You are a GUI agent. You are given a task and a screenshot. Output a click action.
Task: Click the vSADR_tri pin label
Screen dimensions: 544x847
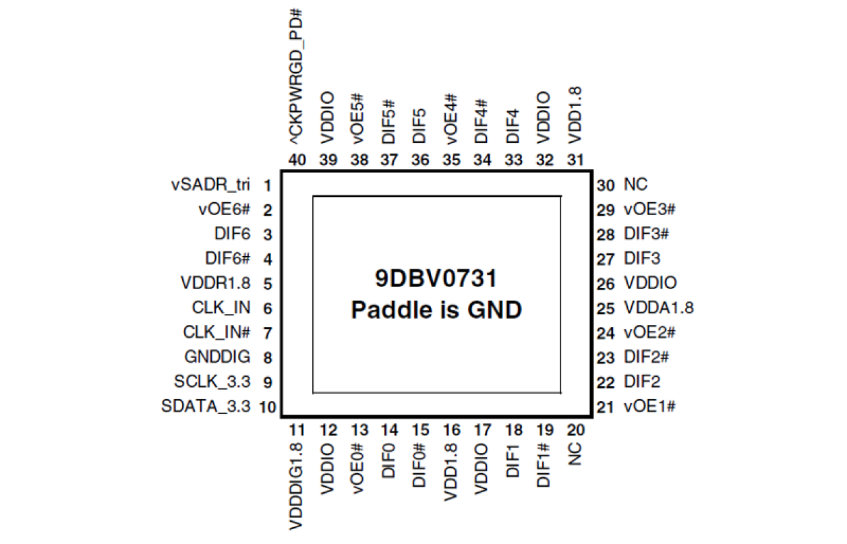[x=211, y=185]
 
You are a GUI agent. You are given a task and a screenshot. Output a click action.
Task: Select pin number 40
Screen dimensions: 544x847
[x=297, y=160]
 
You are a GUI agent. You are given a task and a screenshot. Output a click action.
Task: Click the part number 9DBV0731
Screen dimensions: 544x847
[x=436, y=278]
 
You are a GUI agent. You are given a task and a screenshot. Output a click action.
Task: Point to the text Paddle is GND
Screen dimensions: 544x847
[x=436, y=310]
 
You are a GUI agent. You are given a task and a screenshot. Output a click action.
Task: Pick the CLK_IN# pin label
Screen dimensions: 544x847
[x=216, y=332]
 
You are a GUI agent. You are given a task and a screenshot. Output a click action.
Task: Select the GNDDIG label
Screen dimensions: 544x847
[x=217, y=357]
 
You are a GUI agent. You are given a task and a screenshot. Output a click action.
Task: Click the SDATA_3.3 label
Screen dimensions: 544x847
[x=206, y=406]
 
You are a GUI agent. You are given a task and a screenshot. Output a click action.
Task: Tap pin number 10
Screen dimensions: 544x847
[x=267, y=407]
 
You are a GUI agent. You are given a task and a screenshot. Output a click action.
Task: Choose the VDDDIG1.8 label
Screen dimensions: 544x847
[x=297, y=485]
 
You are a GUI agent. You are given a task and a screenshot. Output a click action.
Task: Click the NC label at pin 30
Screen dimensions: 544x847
[x=636, y=185]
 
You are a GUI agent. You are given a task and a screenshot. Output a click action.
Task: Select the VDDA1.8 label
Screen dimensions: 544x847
[x=659, y=308]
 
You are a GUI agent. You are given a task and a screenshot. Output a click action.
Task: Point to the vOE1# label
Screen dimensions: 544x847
[x=649, y=406]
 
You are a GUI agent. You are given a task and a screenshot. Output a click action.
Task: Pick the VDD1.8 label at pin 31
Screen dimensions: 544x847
[x=575, y=119]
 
